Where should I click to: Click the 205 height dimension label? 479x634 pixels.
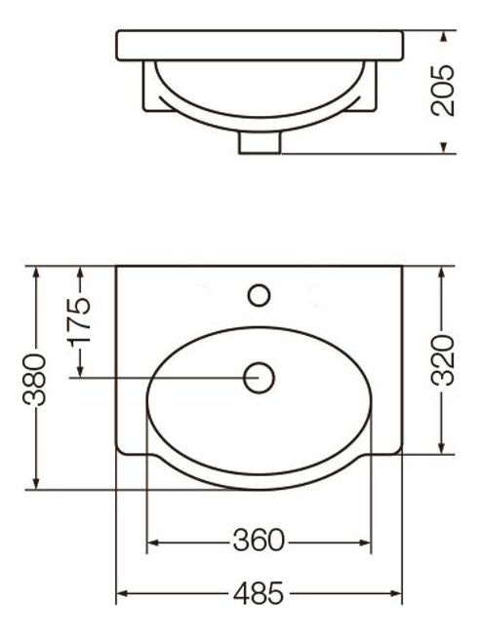click(x=443, y=91)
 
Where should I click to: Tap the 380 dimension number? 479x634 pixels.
click(x=34, y=379)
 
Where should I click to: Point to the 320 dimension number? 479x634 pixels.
click(x=442, y=360)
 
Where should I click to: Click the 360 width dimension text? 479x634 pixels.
click(x=259, y=541)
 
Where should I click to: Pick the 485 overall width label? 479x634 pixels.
click(x=259, y=593)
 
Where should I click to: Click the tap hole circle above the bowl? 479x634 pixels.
click(x=259, y=295)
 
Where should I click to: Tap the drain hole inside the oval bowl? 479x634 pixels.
click(x=259, y=378)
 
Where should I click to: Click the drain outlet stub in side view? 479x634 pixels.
click(x=259, y=142)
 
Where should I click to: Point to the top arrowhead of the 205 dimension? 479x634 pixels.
click(x=444, y=36)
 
